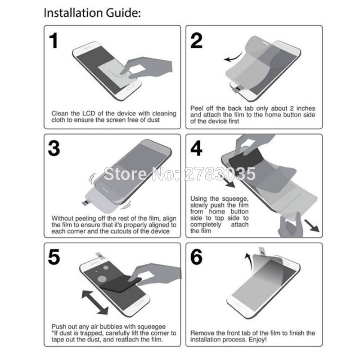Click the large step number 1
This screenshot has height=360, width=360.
[x=54, y=40]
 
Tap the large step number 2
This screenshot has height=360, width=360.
[x=196, y=40]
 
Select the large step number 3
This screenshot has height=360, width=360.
[x=54, y=148]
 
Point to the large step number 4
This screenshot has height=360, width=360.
[x=196, y=148]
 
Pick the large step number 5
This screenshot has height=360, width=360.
[x=54, y=256]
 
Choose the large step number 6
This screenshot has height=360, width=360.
[x=197, y=256]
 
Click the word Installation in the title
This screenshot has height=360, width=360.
[x=73, y=13]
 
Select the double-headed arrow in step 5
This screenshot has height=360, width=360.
[x=95, y=302]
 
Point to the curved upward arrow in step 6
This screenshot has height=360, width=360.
[x=248, y=262]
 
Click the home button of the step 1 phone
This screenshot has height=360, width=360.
[x=131, y=86]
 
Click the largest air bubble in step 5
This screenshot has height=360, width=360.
[x=102, y=279]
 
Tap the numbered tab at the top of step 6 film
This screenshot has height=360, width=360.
[x=262, y=251]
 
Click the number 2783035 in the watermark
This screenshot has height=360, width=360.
[x=220, y=174]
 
